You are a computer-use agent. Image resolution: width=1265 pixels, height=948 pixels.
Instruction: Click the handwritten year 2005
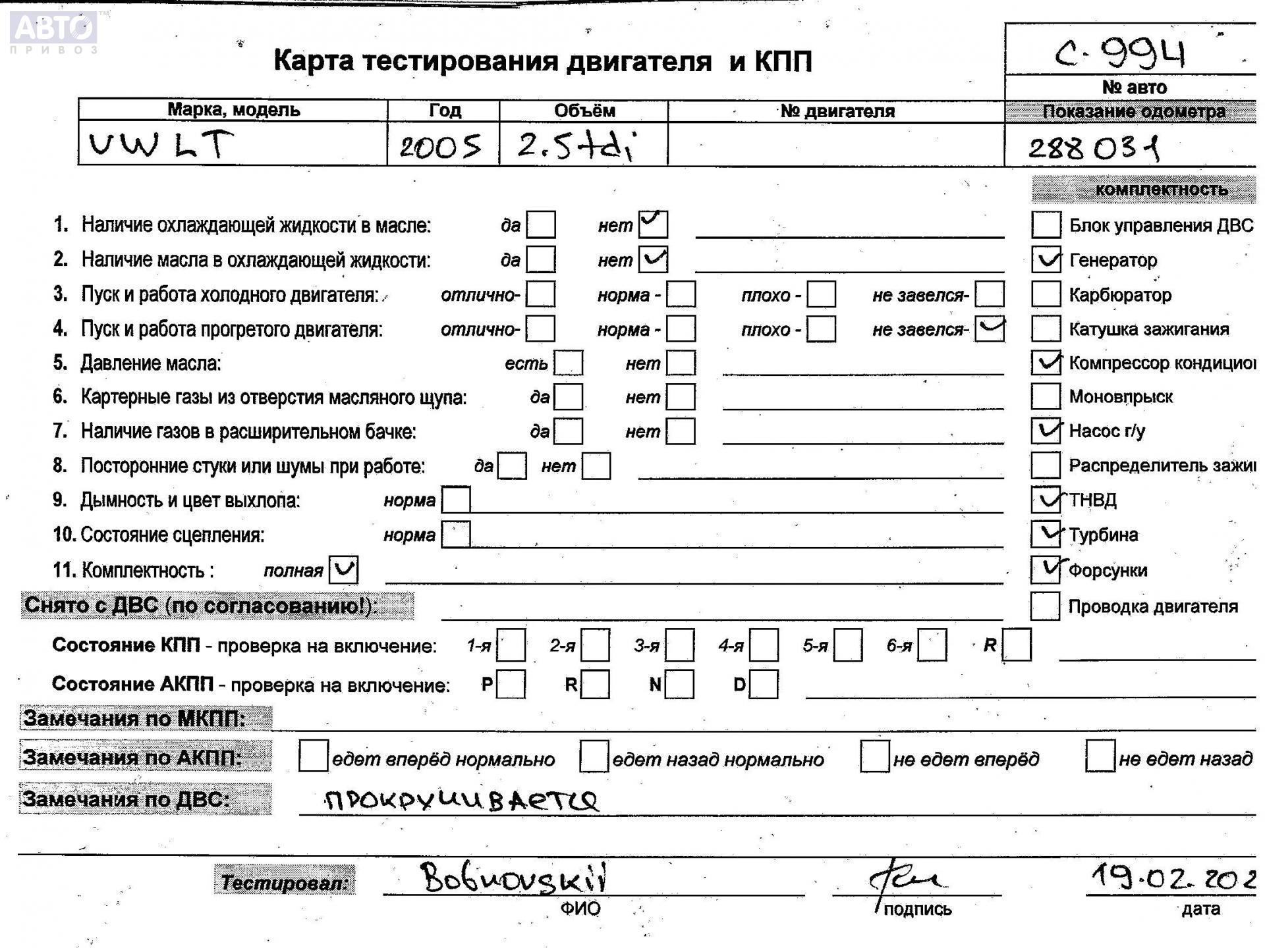(x=440, y=145)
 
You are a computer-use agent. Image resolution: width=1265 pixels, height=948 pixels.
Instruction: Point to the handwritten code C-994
(x=1120, y=54)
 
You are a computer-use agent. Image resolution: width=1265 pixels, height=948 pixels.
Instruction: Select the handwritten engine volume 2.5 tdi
(x=575, y=145)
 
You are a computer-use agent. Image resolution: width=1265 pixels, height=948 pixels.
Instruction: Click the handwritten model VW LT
(x=161, y=144)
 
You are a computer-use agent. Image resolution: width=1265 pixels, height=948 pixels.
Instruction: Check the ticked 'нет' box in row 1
(x=653, y=224)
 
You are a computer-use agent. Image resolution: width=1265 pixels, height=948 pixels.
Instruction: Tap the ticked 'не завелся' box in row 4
(x=990, y=329)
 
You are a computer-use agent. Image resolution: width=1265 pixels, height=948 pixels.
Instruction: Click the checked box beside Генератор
(x=1046, y=259)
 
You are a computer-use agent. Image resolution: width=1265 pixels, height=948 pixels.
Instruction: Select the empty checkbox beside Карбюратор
(x=1046, y=294)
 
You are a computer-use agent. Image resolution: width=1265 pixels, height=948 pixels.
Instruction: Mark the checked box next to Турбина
(x=1046, y=534)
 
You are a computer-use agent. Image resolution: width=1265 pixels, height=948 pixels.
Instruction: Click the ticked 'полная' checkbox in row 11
(x=343, y=569)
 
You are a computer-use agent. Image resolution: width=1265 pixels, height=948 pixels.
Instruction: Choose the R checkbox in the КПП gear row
(x=1017, y=645)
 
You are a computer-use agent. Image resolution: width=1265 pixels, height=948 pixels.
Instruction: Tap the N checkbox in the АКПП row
(x=680, y=684)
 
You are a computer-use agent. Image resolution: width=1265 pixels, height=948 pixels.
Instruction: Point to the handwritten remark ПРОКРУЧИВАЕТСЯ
(x=461, y=800)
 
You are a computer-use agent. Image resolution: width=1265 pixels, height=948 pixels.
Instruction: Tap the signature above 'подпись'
(x=906, y=879)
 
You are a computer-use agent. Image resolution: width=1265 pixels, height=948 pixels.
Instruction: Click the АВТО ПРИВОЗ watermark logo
(x=54, y=32)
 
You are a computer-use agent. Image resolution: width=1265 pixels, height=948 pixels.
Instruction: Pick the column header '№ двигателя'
(x=837, y=111)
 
